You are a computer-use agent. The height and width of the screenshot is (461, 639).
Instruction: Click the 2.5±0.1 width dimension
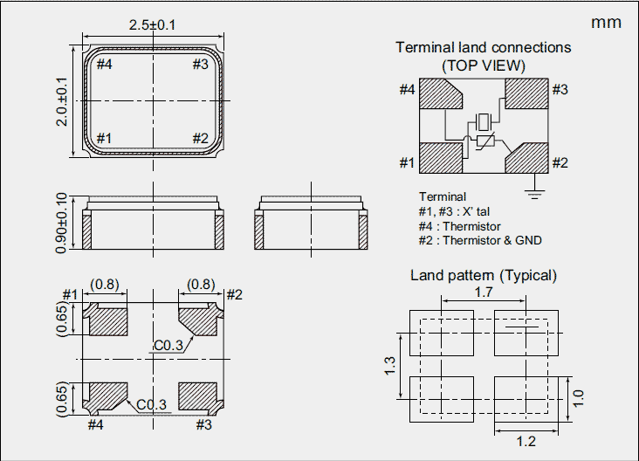tap(153, 25)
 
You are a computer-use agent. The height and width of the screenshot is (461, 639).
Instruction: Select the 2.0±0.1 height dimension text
tap(62, 101)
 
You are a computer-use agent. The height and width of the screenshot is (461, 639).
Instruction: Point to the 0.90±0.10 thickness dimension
tap(62, 224)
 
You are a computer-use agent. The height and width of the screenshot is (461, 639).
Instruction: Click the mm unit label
tap(606, 23)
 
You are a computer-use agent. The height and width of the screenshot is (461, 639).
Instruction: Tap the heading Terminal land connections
tap(484, 47)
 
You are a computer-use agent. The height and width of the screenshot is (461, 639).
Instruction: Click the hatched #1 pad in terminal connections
tap(441, 159)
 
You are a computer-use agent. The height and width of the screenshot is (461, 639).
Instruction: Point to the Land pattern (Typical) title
tap(484, 275)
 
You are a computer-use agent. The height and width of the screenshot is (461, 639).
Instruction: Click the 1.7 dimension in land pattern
tap(484, 292)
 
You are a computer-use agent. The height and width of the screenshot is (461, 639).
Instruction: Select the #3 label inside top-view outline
tap(200, 64)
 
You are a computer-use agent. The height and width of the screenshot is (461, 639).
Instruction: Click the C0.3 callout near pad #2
tap(168, 345)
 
